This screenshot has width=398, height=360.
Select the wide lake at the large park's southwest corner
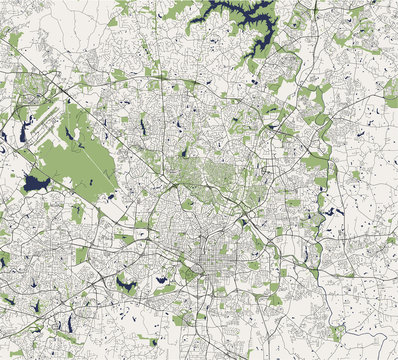coord(37,183)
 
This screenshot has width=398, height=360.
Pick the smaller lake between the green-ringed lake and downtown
coord(161,280)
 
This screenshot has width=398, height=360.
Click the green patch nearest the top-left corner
coord(14,40)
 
